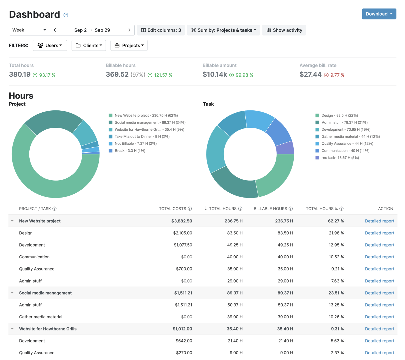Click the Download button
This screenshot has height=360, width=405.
click(379, 14)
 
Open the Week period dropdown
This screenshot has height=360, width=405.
click(29, 30)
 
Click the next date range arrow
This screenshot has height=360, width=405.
click(129, 30)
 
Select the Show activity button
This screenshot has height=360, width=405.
click(284, 30)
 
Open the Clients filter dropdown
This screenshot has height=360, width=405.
click(89, 45)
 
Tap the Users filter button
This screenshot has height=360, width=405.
click(50, 45)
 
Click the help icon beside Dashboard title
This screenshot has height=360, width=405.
click(66, 15)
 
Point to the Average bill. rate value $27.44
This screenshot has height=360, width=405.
click(310, 75)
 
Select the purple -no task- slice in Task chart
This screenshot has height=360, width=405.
click(285, 148)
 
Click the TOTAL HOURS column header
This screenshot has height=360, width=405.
click(223, 209)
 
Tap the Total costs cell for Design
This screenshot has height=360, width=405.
click(182, 233)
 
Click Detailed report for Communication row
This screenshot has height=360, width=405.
click(379, 257)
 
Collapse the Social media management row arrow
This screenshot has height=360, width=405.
click(12, 293)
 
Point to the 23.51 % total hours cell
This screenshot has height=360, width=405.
click(336, 293)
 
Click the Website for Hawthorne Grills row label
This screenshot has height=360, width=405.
click(48, 329)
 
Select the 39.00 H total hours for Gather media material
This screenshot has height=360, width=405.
click(235, 317)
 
